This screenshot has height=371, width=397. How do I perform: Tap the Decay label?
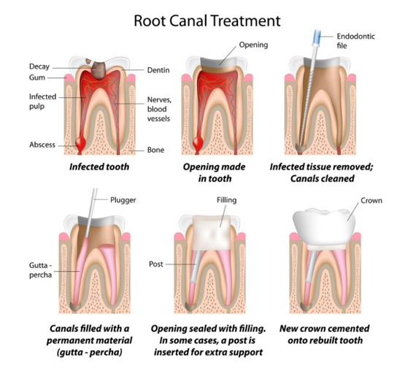click(40, 66)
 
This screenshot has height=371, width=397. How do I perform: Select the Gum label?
click(38, 77)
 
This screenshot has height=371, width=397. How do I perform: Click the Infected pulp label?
click(42, 101)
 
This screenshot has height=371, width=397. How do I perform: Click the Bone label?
click(155, 150)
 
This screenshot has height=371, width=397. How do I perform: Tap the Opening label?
click(253, 45)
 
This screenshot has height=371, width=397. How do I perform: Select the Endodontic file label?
click(357, 40)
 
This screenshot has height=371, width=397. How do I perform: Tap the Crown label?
click(369, 199)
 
